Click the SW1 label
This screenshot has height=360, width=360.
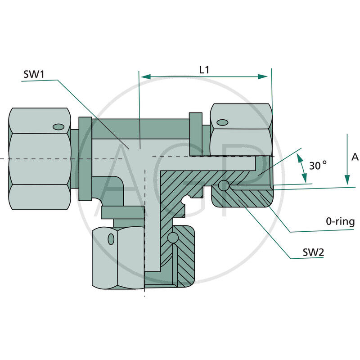coord(34,74)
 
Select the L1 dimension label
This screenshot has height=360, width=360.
coord(204,70)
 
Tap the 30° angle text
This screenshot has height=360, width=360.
coord(318,166)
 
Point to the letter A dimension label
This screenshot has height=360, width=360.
coord(355,157)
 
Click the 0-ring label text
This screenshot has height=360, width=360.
coord(340,221)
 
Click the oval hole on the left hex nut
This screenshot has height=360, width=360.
coord(58,126)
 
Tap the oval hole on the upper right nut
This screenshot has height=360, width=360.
coord(222,122)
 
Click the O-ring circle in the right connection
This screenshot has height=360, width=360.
coord(224,185)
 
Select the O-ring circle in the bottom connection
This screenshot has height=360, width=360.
coord(171,237)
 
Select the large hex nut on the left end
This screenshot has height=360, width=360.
coord(40,158)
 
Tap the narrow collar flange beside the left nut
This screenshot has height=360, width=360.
coord(85,158)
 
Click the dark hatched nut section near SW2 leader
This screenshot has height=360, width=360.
coord(243,198)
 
